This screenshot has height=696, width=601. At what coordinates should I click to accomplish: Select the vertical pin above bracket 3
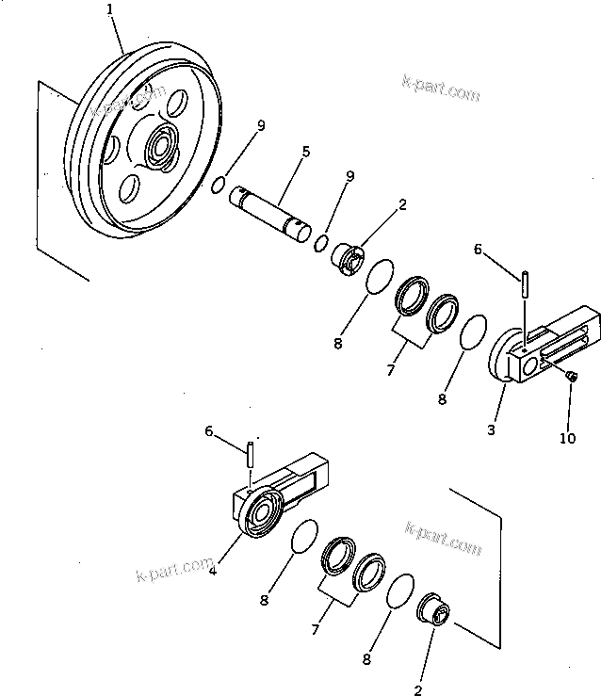click(x=524, y=281)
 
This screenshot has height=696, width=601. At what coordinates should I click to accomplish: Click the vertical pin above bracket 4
click(x=251, y=453)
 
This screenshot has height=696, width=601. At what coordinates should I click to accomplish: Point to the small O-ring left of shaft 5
click(x=218, y=185)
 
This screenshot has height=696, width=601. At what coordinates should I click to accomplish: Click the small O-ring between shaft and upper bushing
click(x=321, y=244)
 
